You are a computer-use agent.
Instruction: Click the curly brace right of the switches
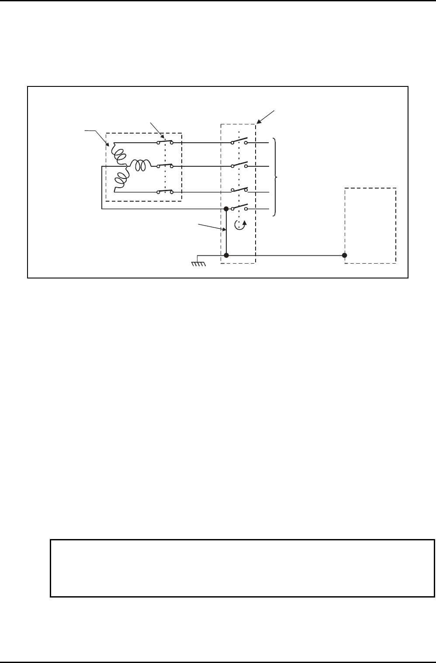(x=275, y=177)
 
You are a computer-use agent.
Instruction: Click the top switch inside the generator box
(x=165, y=142)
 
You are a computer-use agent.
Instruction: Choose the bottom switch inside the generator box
(x=165, y=191)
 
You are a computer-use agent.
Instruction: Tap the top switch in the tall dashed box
(x=239, y=141)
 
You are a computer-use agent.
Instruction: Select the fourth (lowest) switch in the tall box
(x=239, y=207)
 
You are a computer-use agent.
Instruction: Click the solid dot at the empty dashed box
(x=345, y=255)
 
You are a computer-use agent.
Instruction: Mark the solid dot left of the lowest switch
(x=226, y=209)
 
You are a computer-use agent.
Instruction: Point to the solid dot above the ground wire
(x=226, y=255)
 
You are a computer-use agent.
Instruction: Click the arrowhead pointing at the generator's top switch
(x=163, y=138)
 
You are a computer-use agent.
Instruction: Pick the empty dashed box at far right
(x=370, y=225)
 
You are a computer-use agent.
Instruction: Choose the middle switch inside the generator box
(x=165, y=165)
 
